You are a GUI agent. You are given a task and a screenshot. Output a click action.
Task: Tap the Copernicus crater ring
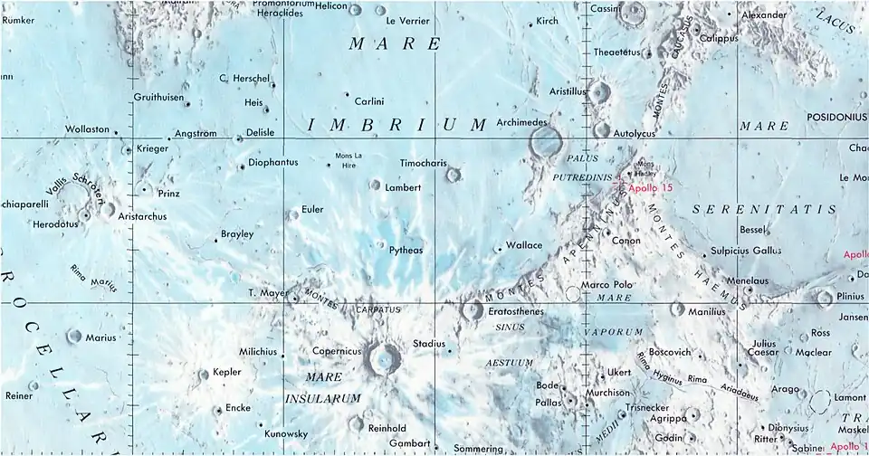coord(386,359)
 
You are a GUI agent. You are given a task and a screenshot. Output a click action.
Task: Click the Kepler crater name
coord(226,373)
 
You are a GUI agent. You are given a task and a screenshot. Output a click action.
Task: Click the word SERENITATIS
coord(763,209)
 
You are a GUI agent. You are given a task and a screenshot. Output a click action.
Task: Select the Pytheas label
coord(406,250)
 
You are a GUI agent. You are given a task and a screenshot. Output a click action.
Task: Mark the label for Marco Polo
coord(606,285)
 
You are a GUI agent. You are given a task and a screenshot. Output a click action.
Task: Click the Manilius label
coord(707,311)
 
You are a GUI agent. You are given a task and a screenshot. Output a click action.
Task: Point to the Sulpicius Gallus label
coord(746,250)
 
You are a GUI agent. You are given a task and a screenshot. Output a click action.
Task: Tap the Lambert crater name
coord(403,187)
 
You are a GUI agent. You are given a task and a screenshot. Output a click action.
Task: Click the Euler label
coord(312,209)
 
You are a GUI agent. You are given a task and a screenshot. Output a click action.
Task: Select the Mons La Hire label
coord(349,160)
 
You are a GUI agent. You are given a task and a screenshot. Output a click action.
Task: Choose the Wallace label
coord(524,245)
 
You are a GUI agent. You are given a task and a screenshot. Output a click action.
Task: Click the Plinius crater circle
coord(824,297)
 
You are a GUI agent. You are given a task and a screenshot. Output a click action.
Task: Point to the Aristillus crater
coord(598,91)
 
